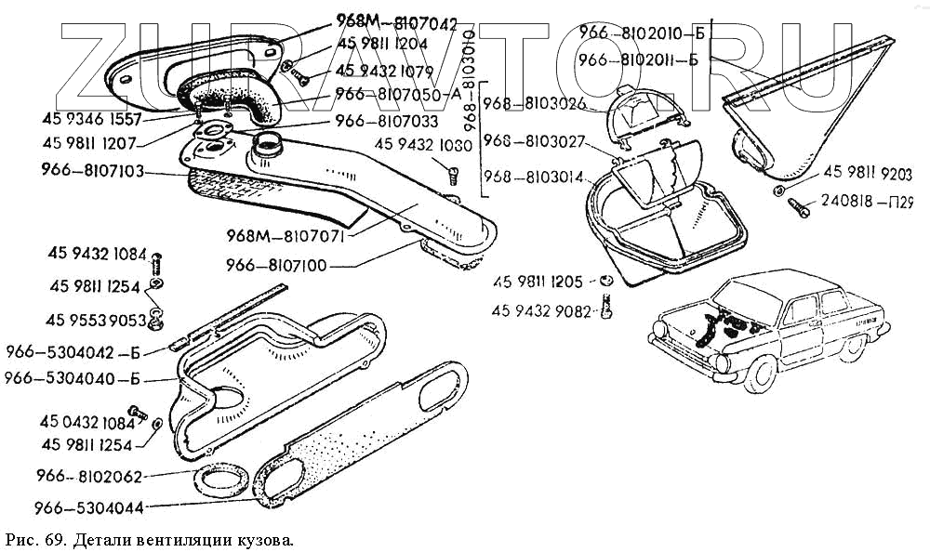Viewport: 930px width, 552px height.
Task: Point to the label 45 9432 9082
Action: (542, 311)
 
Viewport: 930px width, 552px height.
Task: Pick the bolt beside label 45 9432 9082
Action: (608, 305)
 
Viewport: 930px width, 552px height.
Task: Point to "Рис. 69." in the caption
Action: (32, 539)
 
